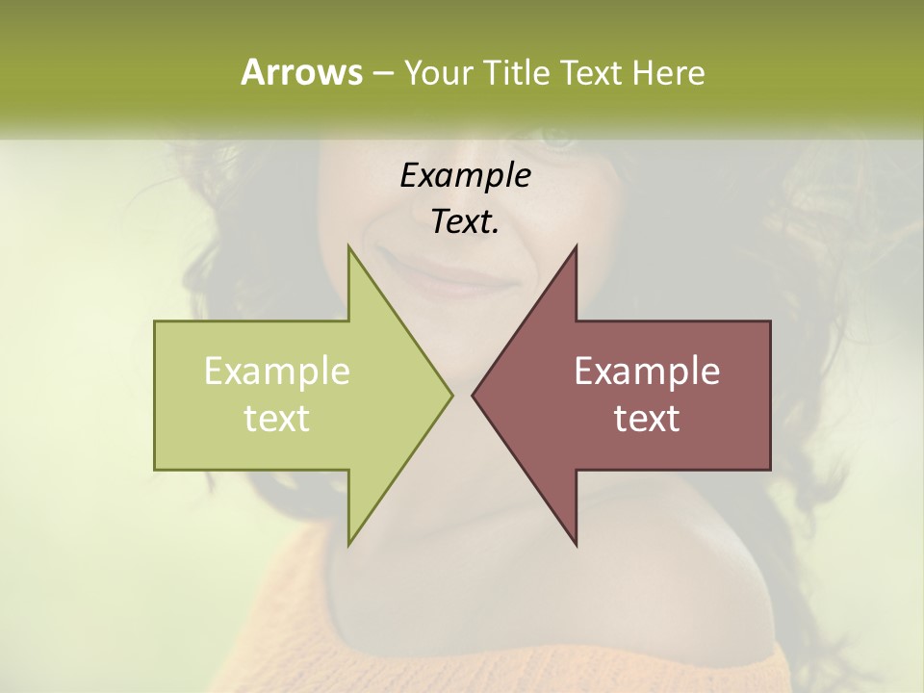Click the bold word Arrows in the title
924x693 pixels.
[x=301, y=72]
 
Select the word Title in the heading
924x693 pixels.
[x=517, y=72]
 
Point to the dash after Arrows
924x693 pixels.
[x=382, y=73]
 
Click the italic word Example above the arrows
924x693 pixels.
[x=465, y=175]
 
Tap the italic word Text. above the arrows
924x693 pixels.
[x=465, y=222]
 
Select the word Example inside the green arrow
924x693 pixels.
[x=277, y=372]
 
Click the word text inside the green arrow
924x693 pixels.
[x=277, y=419]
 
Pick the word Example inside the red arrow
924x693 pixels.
[x=647, y=372]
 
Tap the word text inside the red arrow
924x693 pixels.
[x=647, y=419]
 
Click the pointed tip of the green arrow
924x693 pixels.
[x=450, y=395]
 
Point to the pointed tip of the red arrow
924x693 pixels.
[x=474, y=395]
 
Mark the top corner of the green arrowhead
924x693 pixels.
[x=349, y=248]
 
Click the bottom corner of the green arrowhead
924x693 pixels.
[x=349, y=543]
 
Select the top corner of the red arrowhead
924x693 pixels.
[x=575, y=248]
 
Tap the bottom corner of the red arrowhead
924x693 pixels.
[x=575, y=543]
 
